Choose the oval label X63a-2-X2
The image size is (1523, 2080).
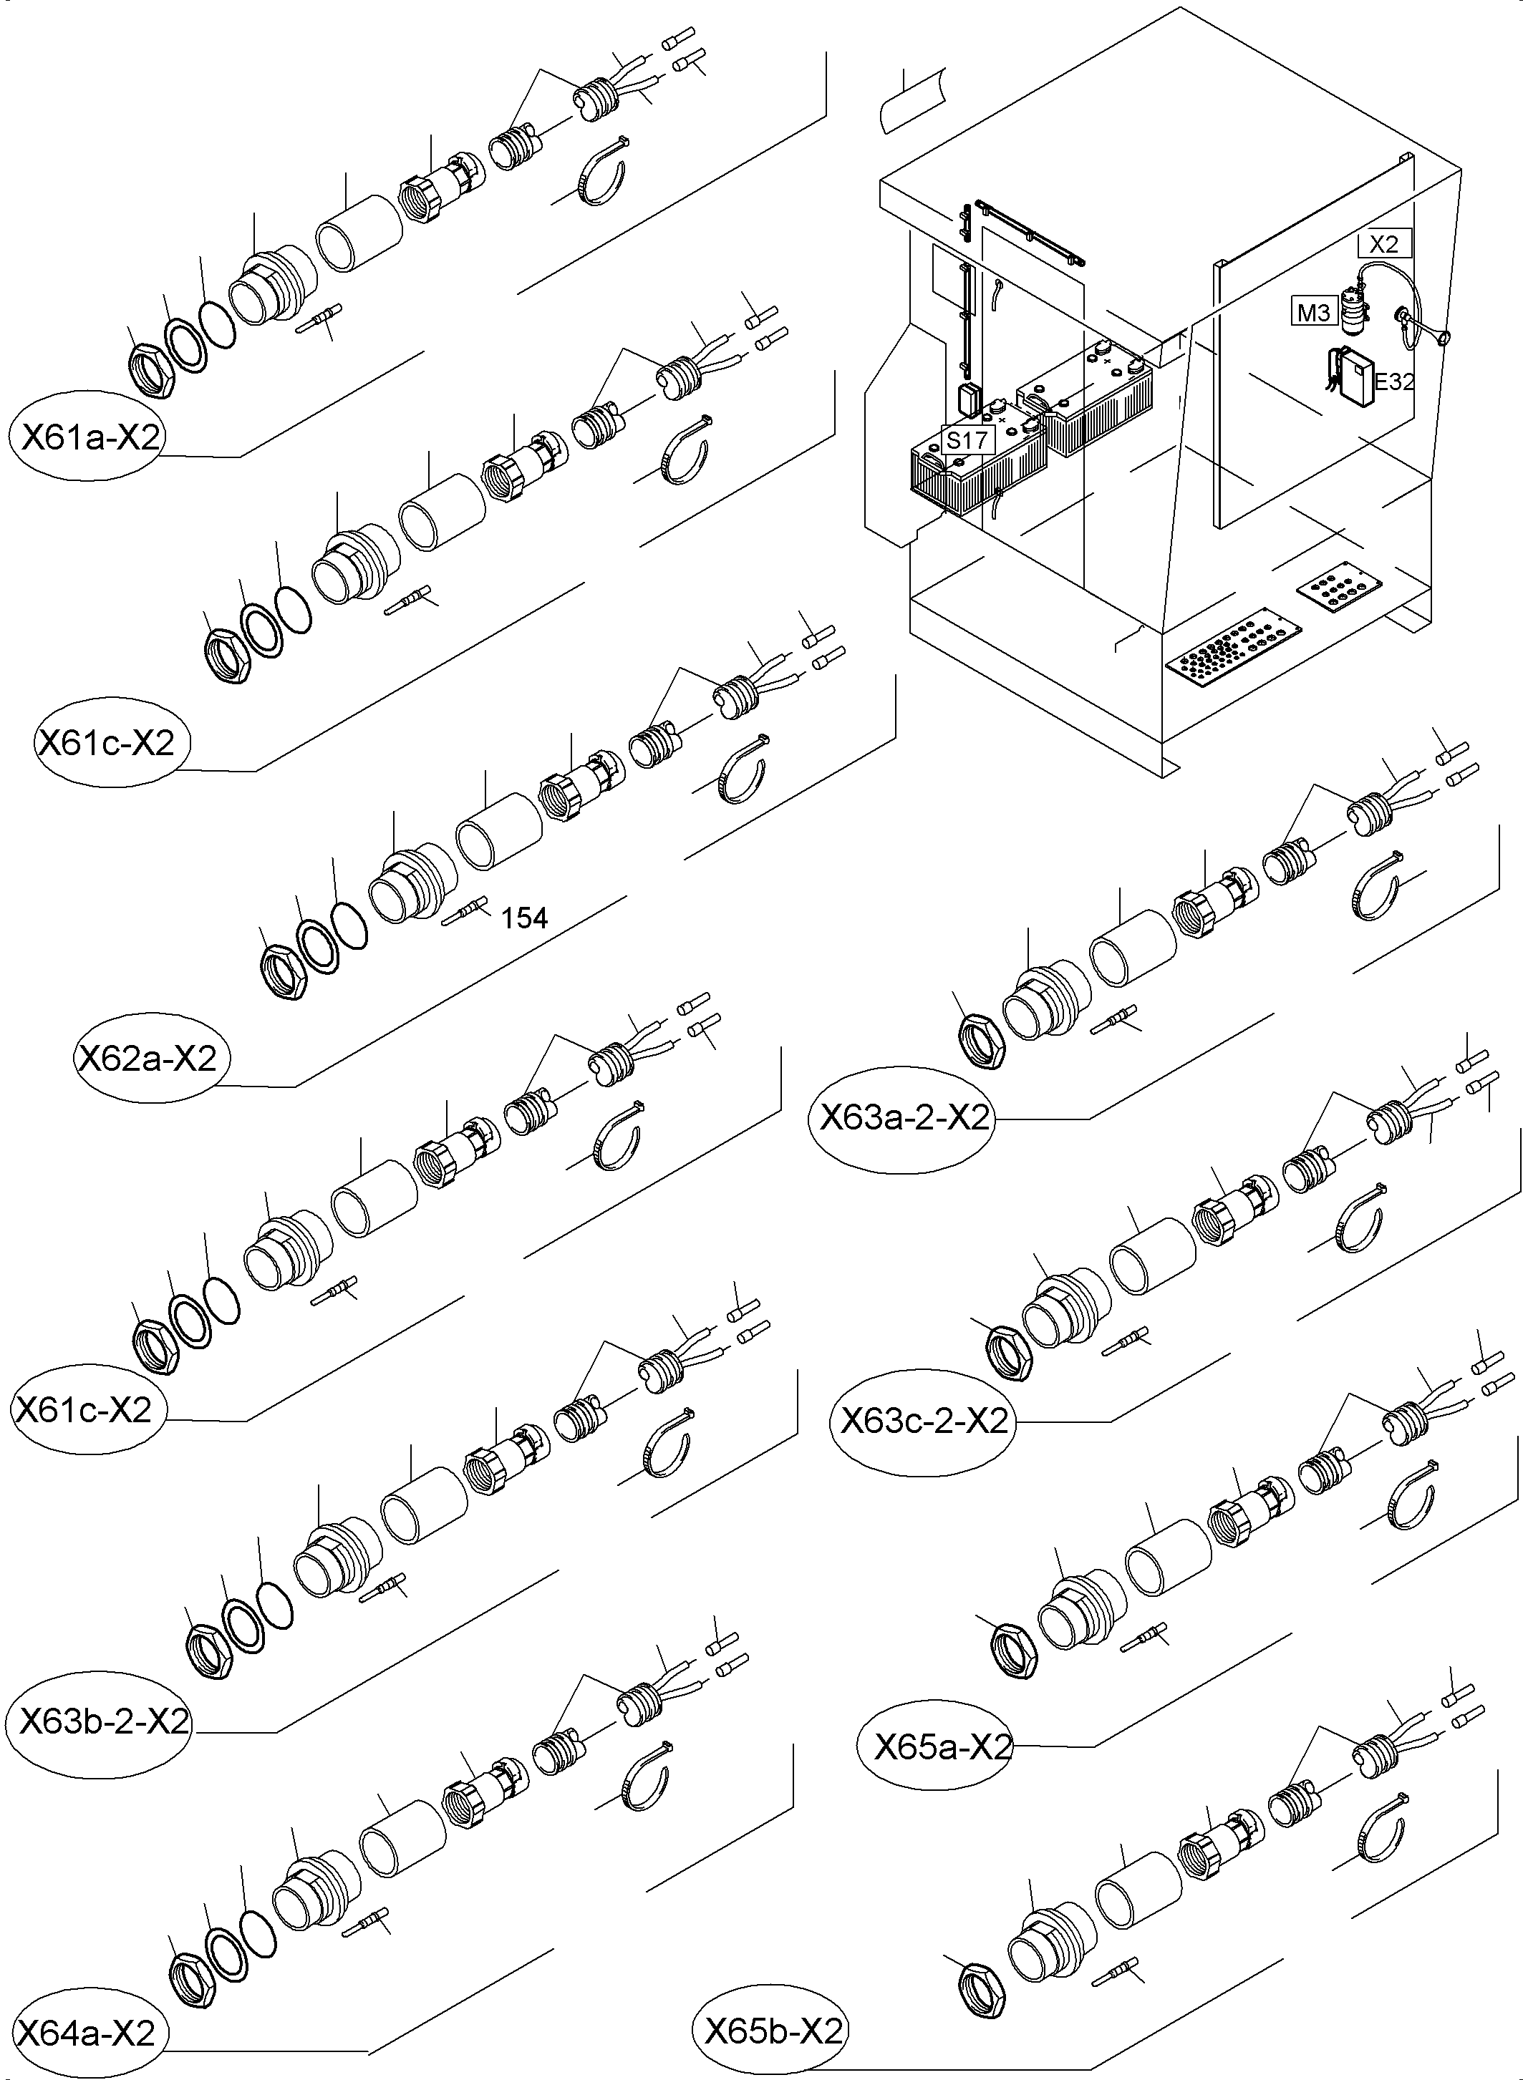[904, 1119]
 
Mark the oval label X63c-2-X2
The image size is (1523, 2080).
[924, 1421]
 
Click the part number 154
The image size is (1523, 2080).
[525, 918]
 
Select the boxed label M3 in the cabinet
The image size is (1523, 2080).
[1312, 314]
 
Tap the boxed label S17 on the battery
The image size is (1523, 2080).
[967, 439]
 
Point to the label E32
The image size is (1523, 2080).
[1394, 382]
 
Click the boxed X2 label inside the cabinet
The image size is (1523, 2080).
[1384, 244]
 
